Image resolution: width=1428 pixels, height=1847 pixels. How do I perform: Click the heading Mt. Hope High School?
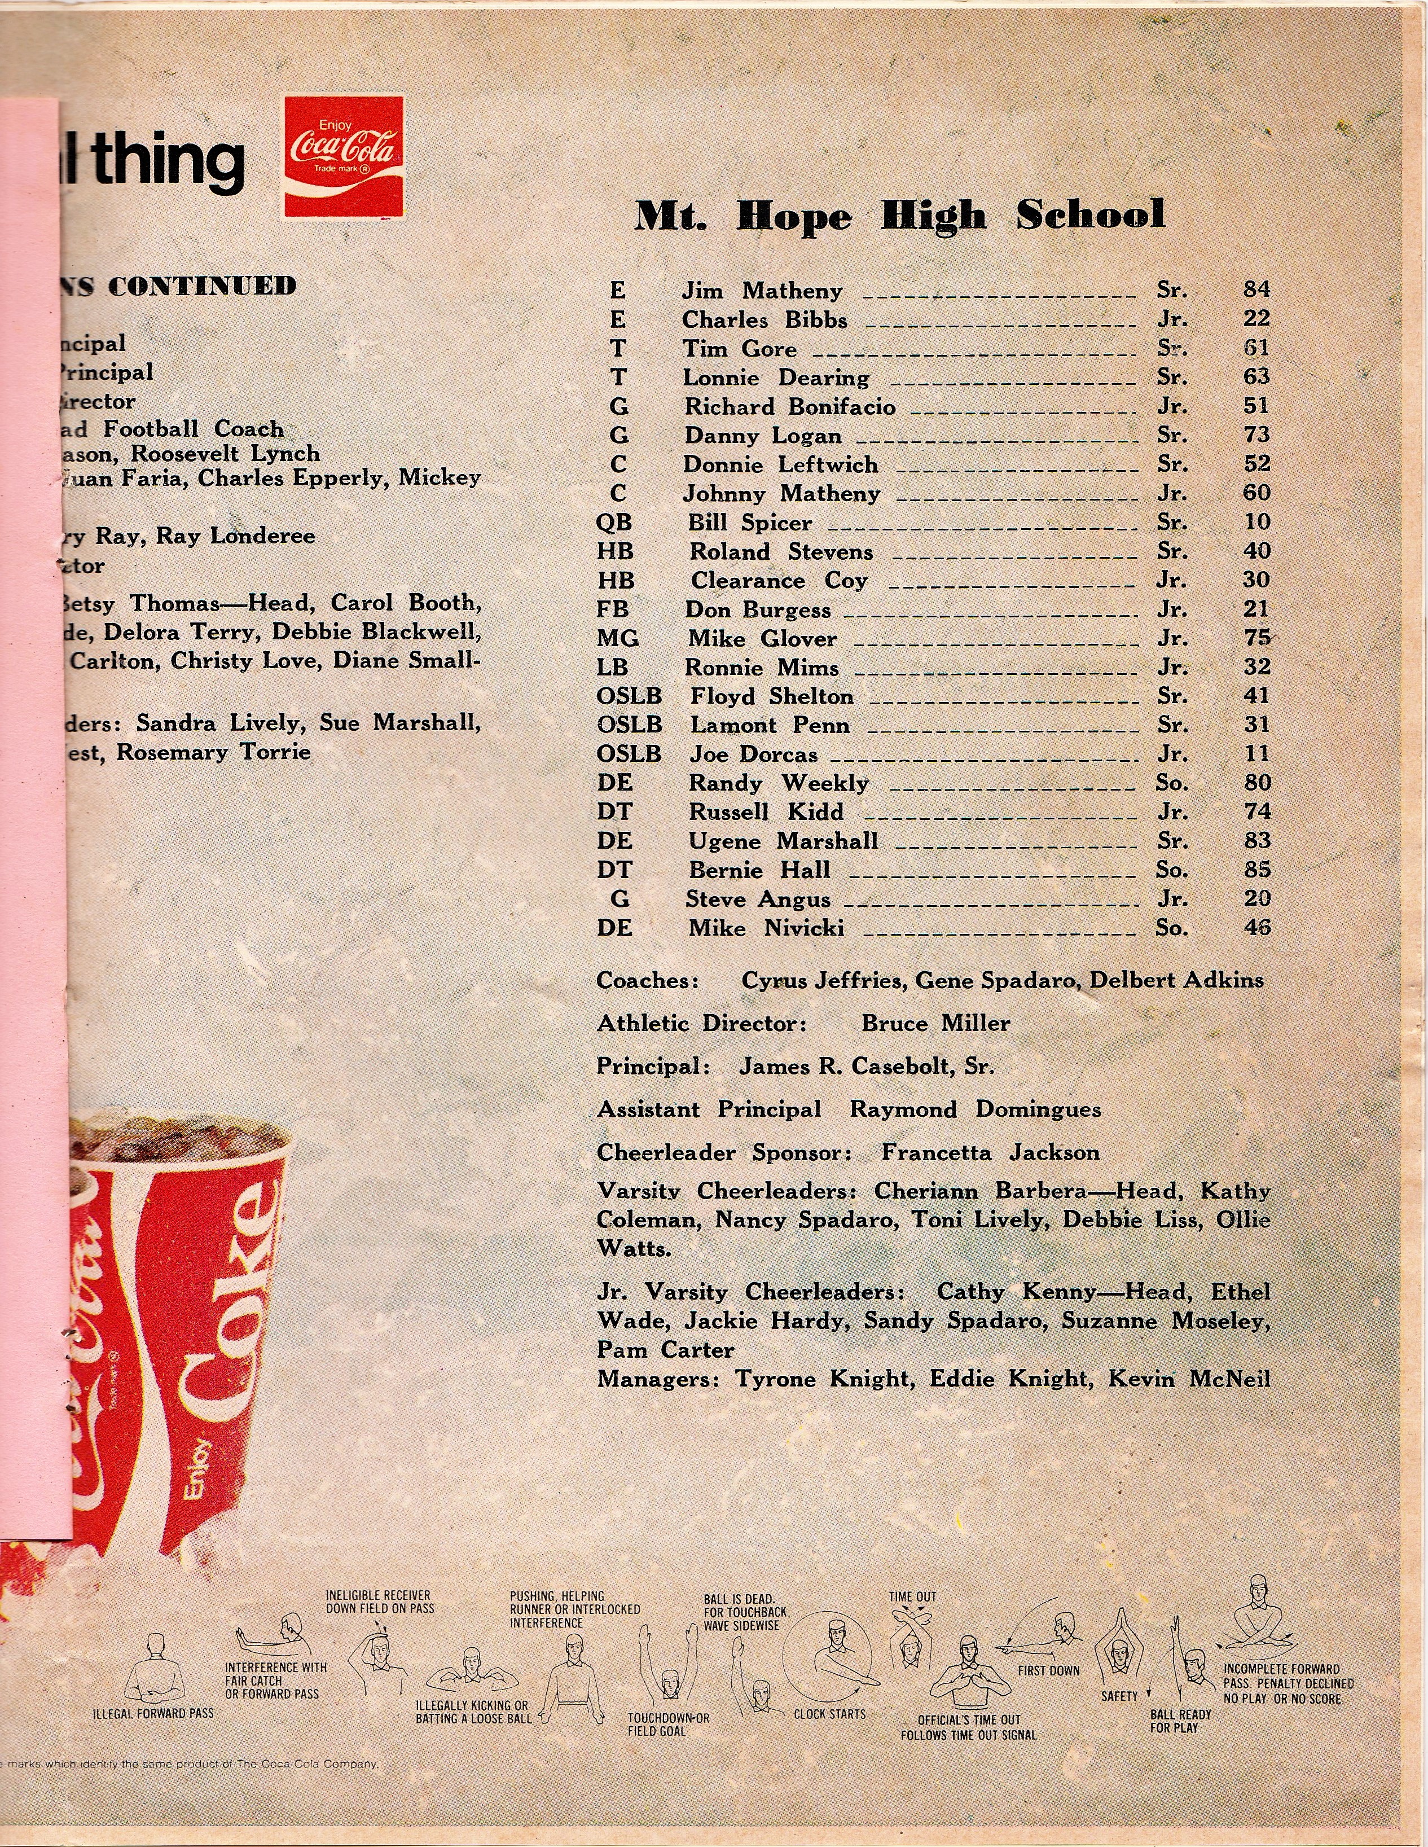click(899, 216)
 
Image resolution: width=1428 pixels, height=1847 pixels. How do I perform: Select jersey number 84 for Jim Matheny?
click(1256, 290)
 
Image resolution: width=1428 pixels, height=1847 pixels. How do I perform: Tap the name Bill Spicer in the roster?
click(749, 523)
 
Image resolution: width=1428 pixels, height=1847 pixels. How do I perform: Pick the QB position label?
click(614, 523)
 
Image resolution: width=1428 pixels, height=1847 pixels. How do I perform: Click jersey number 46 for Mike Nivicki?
click(1256, 928)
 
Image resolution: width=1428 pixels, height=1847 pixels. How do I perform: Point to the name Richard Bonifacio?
click(790, 407)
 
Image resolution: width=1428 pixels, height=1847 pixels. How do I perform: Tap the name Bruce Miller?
click(935, 1023)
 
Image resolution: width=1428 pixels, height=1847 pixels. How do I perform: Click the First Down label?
click(1048, 1671)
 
